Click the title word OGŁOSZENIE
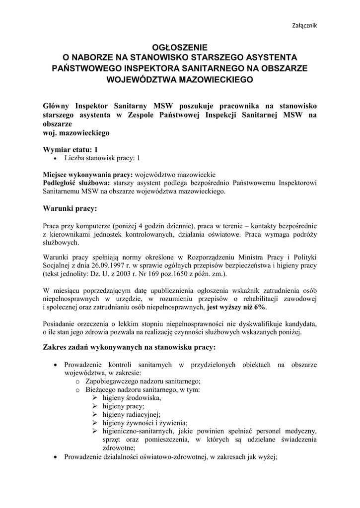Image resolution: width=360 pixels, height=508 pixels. coord(180,47)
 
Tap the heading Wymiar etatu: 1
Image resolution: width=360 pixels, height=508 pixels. coord(71,149)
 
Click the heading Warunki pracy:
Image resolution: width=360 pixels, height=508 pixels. coord(70,208)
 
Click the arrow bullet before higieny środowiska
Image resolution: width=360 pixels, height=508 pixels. coord(95,398)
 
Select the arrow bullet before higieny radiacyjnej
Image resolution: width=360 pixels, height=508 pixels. coord(95,415)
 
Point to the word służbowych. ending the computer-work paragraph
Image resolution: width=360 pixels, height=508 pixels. coord(61,243)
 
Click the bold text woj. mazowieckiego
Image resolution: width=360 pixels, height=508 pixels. coord(76,133)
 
